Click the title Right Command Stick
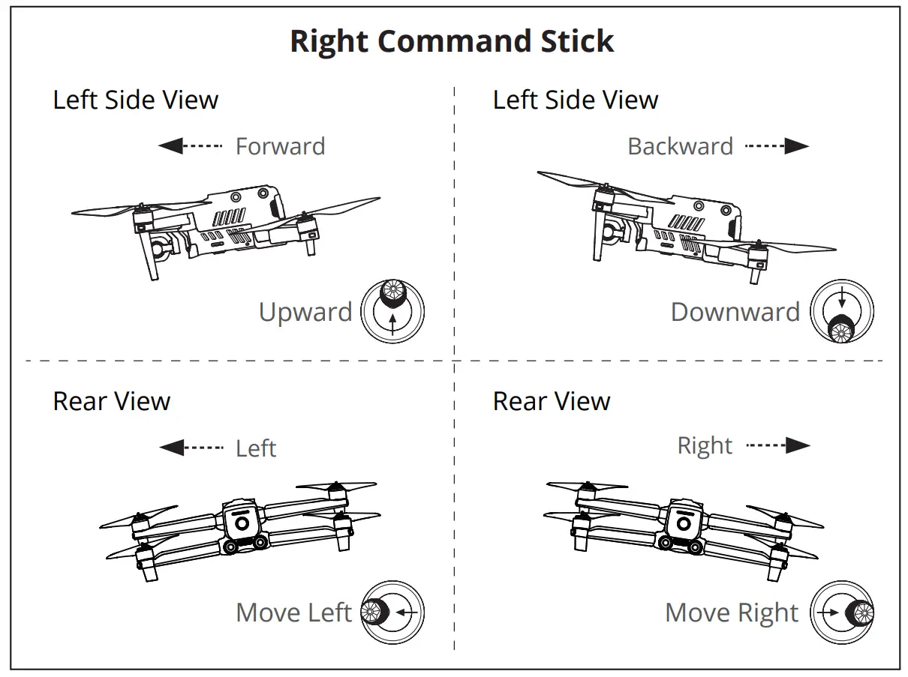tap(452, 41)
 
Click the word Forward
tap(280, 146)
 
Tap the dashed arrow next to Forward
tap(191, 146)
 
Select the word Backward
tap(680, 146)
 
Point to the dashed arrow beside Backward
tap(777, 146)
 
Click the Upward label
tap(305, 312)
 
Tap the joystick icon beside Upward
tap(392, 311)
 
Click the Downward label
tap(735, 312)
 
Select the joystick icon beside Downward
tap(842, 312)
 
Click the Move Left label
tap(293, 613)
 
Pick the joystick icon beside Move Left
tap(392, 613)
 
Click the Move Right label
tap(732, 613)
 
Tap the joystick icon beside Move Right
tap(842, 613)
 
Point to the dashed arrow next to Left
tap(191, 448)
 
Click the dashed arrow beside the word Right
tap(778, 446)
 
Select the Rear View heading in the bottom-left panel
tap(112, 401)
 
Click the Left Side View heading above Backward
tap(576, 100)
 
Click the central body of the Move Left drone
tap(242, 525)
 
